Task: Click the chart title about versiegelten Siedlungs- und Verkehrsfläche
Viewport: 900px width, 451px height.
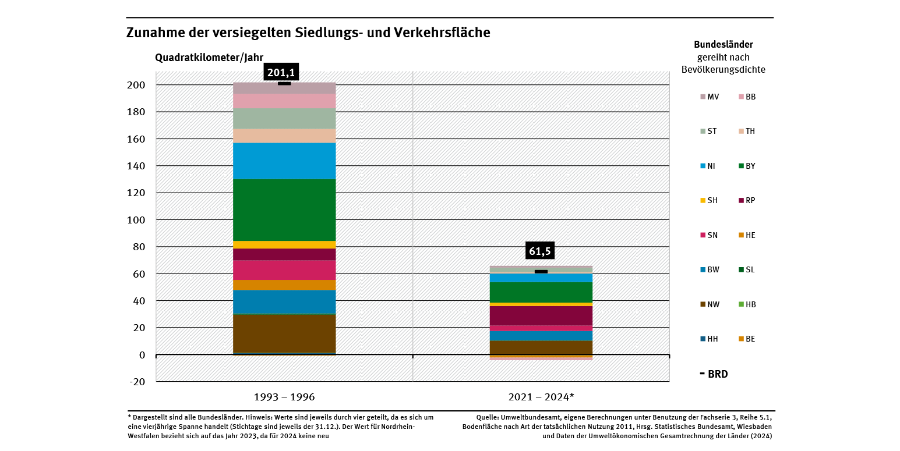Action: point(308,33)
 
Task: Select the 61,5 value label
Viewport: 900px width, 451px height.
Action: point(539,251)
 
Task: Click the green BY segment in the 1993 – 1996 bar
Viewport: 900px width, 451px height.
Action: point(284,209)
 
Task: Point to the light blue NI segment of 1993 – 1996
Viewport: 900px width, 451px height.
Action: point(284,161)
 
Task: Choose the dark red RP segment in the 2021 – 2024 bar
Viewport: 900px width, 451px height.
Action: point(541,315)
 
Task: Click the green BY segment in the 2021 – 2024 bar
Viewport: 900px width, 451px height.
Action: point(541,292)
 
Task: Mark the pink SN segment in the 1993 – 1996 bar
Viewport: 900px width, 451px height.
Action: point(284,269)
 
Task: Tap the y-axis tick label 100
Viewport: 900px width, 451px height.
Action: point(136,220)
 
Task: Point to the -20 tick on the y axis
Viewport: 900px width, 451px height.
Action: point(136,382)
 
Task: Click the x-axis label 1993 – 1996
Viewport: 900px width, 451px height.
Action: point(284,397)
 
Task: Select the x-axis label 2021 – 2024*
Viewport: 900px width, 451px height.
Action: point(541,397)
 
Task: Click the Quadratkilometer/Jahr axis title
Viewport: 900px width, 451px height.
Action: point(209,57)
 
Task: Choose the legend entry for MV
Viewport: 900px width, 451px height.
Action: point(710,97)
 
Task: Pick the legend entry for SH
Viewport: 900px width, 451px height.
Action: point(710,200)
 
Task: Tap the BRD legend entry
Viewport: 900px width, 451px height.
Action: point(714,374)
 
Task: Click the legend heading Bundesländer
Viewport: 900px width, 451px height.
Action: point(723,44)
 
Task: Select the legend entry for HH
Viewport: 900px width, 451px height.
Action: point(710,339)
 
